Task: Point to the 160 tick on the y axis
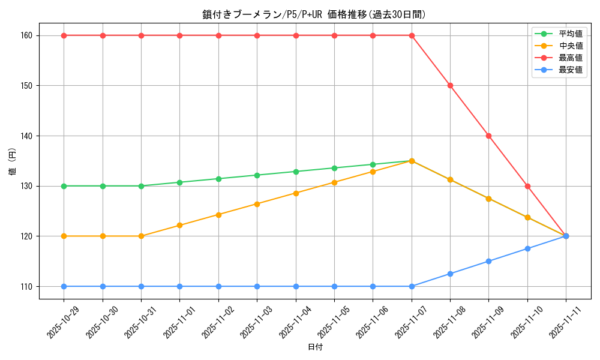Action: tap(25, 35)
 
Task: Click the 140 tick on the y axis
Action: tap(25, 136)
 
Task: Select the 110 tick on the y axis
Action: tap(25, 286)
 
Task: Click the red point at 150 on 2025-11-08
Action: tap(450, 85)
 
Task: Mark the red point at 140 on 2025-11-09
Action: tap(488, 136)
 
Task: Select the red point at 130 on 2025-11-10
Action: tap(527, 186)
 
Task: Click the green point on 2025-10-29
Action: tap(64, 186)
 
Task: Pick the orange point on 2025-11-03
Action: tap(257, 204)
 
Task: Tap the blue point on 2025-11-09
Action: tap(488, 261)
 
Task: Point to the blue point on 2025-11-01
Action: tap(180, 286)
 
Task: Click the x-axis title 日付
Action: tap(314, 347)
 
